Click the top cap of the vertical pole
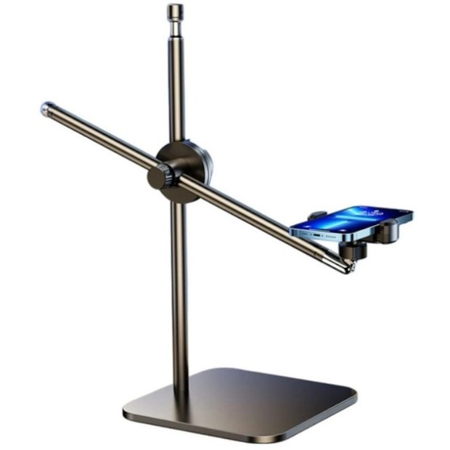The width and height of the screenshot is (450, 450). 174,12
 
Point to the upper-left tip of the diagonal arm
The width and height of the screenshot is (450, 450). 45,108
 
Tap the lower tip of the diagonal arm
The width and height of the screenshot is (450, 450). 348,268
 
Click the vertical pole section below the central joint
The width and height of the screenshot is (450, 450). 178,290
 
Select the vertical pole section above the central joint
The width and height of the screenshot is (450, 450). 175,87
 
